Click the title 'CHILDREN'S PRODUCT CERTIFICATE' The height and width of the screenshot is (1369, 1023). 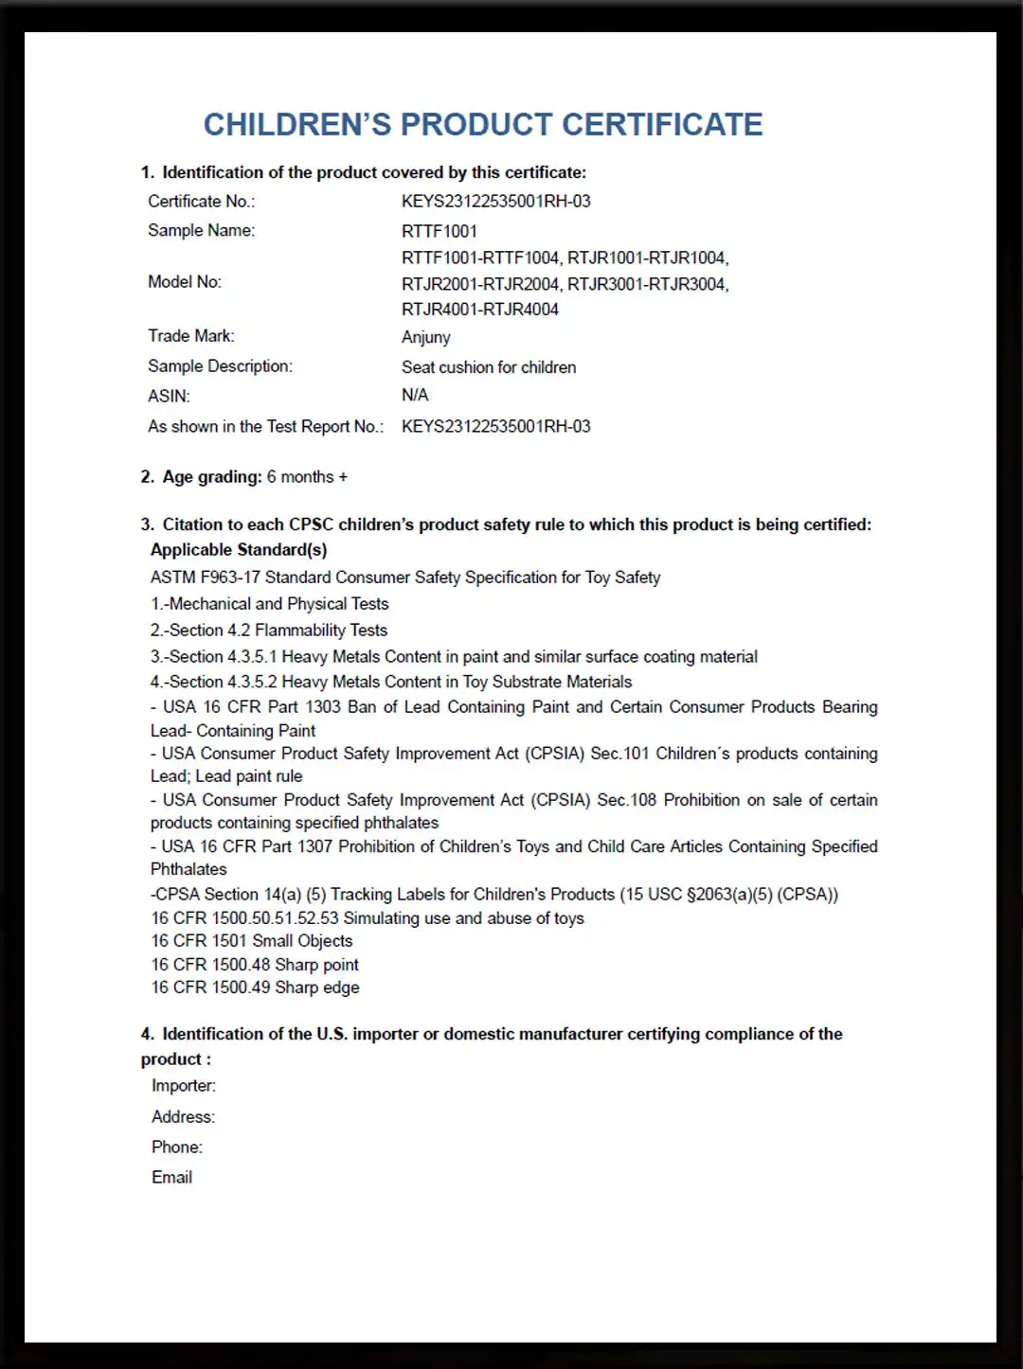coord(483,125)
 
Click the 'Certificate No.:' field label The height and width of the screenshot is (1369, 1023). coord(201,202)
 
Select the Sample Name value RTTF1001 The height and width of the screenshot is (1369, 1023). coord(440,231)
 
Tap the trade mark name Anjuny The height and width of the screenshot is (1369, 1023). coord(426,337)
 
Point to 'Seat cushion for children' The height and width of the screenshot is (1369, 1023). coord(489,367)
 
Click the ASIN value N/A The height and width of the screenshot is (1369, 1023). coord(415,395)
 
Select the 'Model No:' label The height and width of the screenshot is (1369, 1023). coord(185,282)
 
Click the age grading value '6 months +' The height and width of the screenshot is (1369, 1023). coord(307,477)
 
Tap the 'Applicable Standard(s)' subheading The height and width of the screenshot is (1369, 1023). coord(239,550)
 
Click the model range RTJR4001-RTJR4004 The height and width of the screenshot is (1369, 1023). coord(480,310)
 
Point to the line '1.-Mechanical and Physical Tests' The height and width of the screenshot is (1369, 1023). coord(270,604)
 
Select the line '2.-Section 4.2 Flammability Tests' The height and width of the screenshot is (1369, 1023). coord(269,631)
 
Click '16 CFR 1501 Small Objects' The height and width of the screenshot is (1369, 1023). coord(252,941)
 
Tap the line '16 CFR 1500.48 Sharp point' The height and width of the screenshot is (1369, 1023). coord(255,965)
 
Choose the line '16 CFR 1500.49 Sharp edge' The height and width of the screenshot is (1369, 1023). coord(256,987)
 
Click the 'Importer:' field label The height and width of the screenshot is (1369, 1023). coord(184,1086)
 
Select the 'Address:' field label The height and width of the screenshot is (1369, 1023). coord(184,1117)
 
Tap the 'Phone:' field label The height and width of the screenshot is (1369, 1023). coord(177,1147)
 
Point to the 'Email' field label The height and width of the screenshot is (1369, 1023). coord(172,1178)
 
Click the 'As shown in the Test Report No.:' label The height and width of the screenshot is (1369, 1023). coord(265,427)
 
